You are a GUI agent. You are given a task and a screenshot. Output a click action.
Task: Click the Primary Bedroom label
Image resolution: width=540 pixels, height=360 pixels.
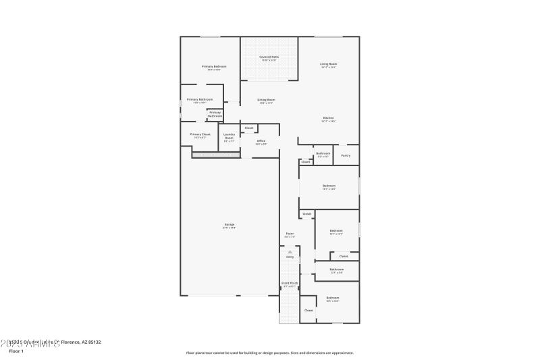(x=214, y=66)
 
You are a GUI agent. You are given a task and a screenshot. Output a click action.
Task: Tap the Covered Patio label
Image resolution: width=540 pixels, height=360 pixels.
(x=269, y=57)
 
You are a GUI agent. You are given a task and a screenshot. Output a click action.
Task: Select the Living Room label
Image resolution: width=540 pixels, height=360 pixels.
(x=328, y=64)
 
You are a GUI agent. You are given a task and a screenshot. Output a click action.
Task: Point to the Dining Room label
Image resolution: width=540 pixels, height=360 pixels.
(x=266, y=100)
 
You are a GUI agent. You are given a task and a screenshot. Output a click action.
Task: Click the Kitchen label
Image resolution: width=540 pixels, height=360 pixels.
(x=328, y=118)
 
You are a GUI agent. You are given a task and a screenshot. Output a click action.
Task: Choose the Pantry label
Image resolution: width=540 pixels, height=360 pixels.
(x=346, y=155)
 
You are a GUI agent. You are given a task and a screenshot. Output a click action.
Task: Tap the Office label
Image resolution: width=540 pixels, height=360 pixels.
(x=261, y=140)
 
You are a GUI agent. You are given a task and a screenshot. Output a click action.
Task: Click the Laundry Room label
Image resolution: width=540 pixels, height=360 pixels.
(x=229, y=136)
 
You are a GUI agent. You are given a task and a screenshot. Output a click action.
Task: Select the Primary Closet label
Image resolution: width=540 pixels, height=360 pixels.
(x=200, y=134)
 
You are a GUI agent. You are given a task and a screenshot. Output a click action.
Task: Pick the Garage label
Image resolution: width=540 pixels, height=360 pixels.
(x=230, y=224)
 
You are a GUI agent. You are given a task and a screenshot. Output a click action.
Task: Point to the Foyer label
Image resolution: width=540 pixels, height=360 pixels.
(x=290, y=234)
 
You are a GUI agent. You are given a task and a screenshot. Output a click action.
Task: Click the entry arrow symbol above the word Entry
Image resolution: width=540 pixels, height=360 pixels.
(x=290, y=251)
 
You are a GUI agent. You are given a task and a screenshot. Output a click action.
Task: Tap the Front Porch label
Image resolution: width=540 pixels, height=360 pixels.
(x=290, y=283)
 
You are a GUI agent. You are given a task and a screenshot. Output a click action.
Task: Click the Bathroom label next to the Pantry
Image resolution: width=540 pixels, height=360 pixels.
(x=323, y=153)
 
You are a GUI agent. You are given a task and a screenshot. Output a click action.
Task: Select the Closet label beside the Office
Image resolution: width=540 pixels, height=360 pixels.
(x=248, y=128)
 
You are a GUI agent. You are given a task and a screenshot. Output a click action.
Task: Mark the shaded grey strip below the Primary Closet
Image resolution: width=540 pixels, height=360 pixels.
(x=216, y=155)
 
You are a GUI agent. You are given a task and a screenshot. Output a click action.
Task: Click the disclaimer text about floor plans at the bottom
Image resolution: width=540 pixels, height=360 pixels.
(x=269, y=353)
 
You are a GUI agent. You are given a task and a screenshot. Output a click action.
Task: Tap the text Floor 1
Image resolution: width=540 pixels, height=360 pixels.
(x=16, y=351)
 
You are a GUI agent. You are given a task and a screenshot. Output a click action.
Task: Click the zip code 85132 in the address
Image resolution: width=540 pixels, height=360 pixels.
(x=94, y=342)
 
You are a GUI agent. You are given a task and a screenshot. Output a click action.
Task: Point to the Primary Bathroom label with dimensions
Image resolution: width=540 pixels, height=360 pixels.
(x=195, y=100)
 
